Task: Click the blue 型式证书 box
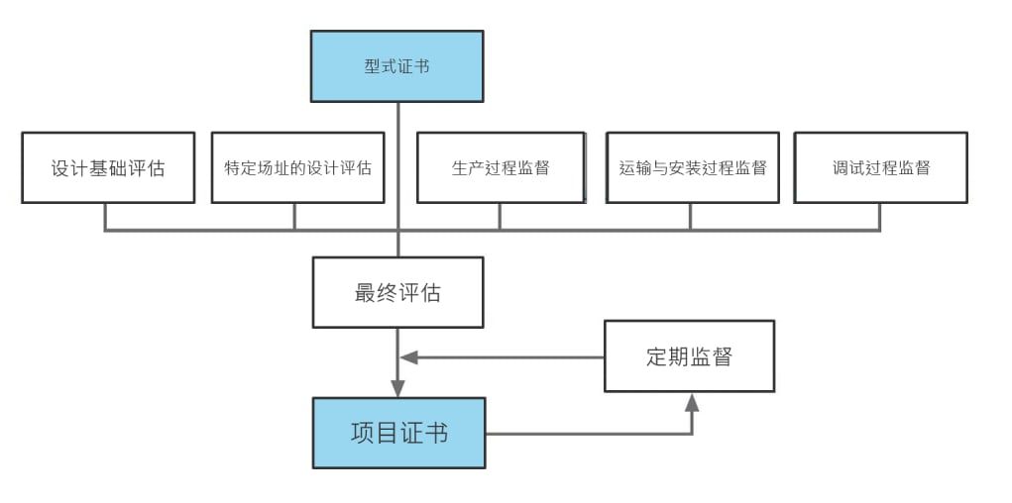pos(396,66)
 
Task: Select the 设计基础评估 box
pos(108,167)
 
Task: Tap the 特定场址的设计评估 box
pos(297,167)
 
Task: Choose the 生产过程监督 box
pos(501,167)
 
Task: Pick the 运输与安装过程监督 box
pos(693,167)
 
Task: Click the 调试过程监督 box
pos(880,167)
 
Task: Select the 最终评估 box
pos(397,292)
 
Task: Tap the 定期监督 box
pos(689,356)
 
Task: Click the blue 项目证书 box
pos(399,433)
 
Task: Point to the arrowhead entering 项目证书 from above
pos(398,387)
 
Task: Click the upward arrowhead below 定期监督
pos(692,401)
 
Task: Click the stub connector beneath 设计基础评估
pos(105,217)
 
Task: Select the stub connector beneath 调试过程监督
pos(880,217)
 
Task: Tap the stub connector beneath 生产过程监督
pos(500,217)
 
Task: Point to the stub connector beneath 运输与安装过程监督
pos(691,217)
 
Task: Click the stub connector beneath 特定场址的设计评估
pos(294,217)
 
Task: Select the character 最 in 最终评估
pos(365,293)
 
